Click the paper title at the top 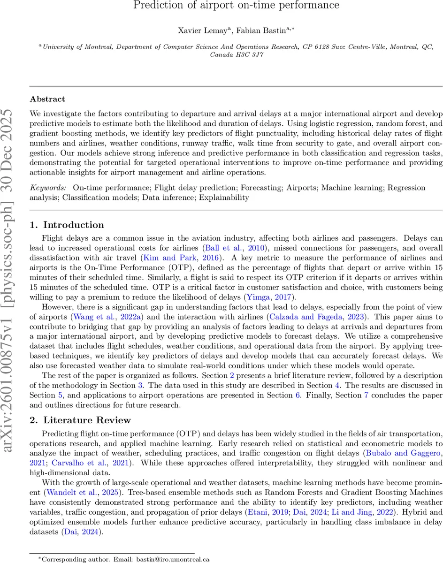coord(236,6)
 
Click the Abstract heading coord(47,99)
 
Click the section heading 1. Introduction coord(67,225)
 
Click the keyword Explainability coord(223,198)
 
